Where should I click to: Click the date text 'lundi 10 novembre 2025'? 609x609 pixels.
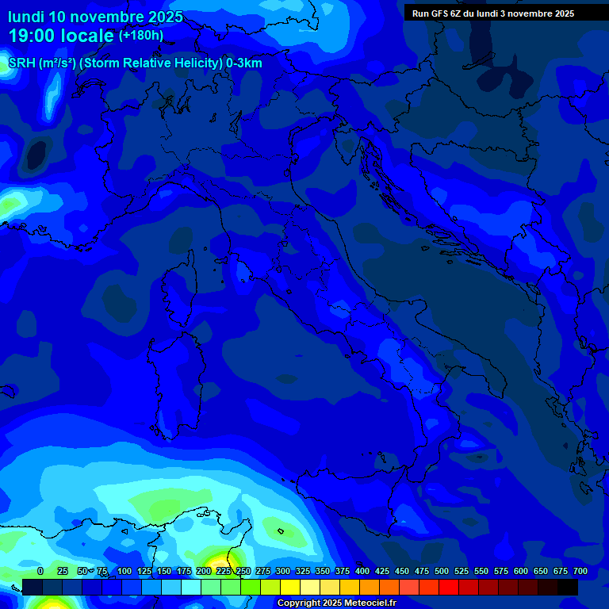coord(95,17)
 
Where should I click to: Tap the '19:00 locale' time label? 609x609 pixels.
coord(61,36)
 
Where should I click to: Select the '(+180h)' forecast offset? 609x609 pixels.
coord(140,36)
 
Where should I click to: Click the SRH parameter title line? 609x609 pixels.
coord(135,63)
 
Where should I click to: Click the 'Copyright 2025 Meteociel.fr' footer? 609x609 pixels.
coord(336,603)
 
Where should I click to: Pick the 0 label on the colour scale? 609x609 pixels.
coord(40,571)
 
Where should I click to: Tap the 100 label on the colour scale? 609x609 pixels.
coord(124,571)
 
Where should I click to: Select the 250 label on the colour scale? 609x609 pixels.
coord(243,571)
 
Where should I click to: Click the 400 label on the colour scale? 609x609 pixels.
coord(362,571)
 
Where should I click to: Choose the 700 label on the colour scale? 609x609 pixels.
coord(580,571)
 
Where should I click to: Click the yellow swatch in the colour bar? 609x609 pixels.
coord(290,588)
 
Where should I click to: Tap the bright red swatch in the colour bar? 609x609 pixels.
coord(449,588)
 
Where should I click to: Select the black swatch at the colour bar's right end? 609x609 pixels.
coord(568,588)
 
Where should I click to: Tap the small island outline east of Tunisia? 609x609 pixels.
coord(280,530)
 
